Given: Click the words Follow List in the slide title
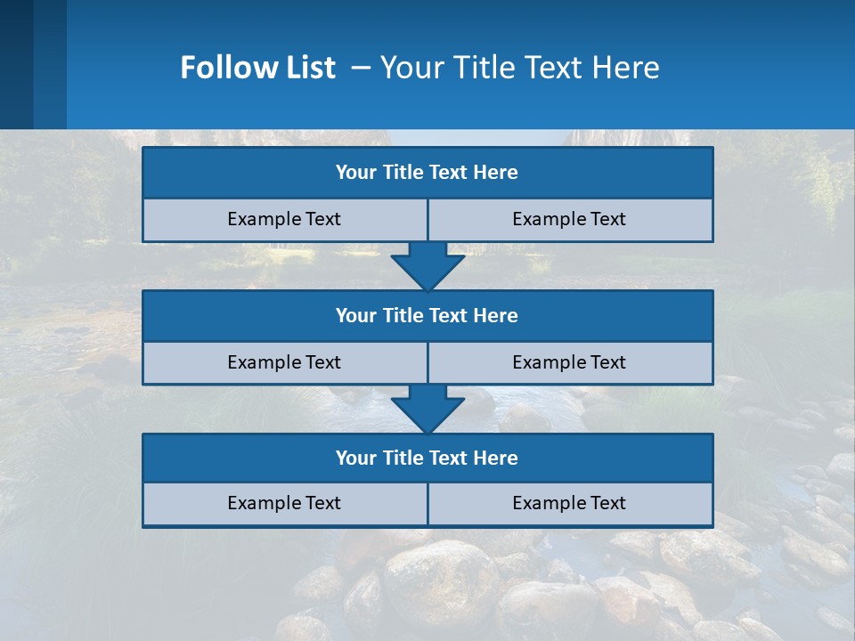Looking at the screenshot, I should click(257, 68).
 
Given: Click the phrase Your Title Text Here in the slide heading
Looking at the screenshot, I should click(519, 68).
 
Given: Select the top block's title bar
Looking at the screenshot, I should click(427, 173).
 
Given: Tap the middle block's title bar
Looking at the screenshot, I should click(427, 316).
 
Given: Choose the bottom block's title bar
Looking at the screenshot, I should click(427, 458).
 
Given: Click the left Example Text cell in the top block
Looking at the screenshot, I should click(284, 220).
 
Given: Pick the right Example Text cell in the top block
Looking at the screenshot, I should click(569, 220).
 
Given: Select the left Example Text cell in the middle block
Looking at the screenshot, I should click(284, 363).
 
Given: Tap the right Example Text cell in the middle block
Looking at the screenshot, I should click(569, 363).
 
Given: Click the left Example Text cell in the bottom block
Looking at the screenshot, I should click(284, 504).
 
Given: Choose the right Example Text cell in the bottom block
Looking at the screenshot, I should click(569, 504).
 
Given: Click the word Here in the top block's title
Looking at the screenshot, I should click(496, 173).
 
